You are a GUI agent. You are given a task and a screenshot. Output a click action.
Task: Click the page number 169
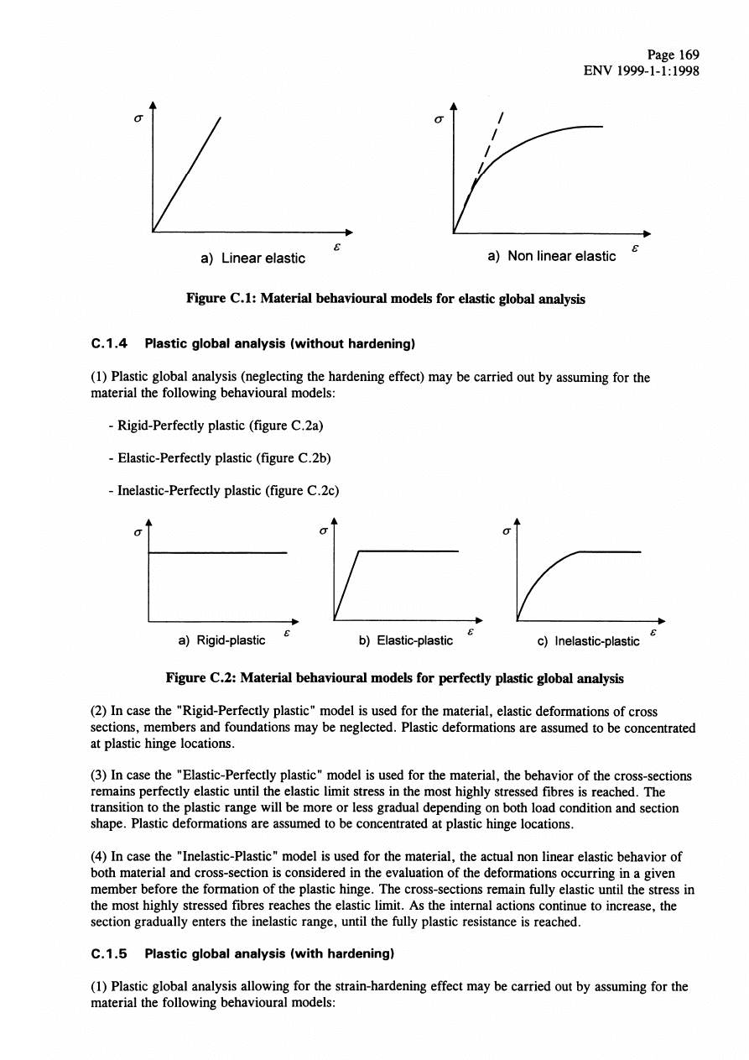coord(689,55)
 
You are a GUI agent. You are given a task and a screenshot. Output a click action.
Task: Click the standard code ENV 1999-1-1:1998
coord(641,70)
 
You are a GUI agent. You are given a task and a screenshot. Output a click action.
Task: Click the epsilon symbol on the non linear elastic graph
coord(636,248)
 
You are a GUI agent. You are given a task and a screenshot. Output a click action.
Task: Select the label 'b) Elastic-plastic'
coord(406,640)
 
